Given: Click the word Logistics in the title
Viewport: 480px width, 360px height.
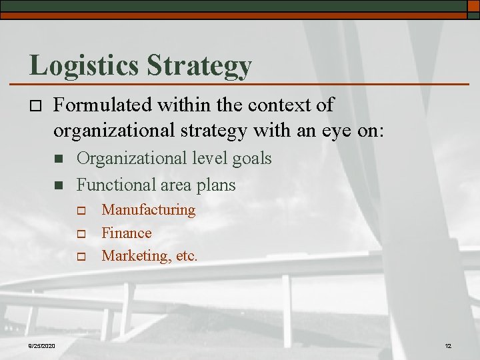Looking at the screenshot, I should pyautogui.click(x=84, y=65).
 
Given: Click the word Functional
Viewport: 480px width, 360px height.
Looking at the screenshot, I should pyautogui.click(x=113, y=183).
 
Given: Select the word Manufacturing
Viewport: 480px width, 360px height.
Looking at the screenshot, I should pyautogui.click(x=148, y=210).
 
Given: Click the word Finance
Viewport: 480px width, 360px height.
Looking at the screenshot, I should pyautogui.click(x=126, y=233).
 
